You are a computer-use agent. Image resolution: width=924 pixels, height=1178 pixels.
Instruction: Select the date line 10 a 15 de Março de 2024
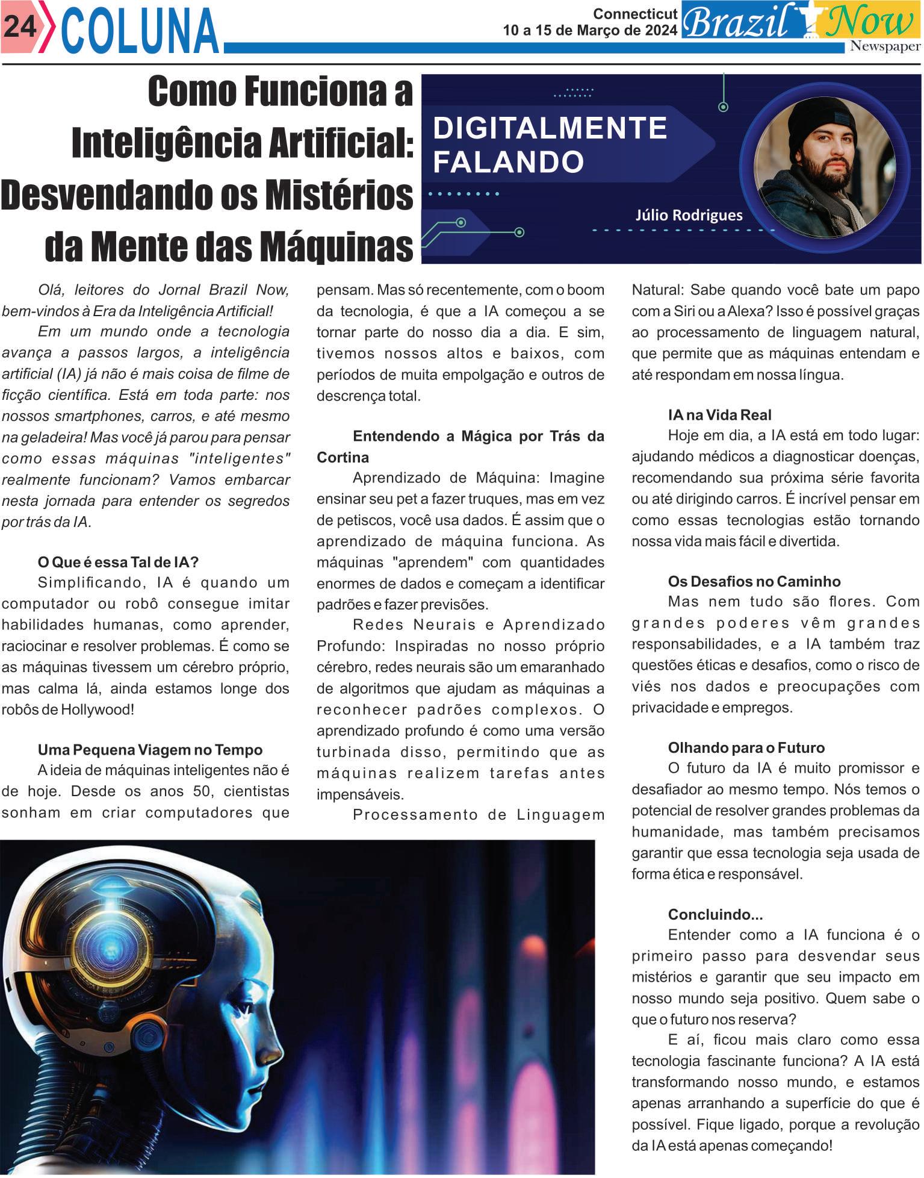tap(590, 31)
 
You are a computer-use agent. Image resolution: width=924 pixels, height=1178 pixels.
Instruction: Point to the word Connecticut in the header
tap(635, 13)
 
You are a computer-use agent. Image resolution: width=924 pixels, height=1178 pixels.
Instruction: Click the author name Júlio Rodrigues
tap(689, 215)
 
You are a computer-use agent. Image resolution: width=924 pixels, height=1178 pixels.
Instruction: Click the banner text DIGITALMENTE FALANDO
tap(550, 145)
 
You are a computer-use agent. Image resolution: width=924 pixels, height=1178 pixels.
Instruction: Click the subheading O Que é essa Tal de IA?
tap(118, 563)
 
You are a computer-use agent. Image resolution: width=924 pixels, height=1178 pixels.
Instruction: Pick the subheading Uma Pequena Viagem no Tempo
tap(150, 750)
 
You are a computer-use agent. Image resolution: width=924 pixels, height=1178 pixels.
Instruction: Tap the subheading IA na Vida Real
tap(719, 414)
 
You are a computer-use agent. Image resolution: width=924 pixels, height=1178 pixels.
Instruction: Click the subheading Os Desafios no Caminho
tap(754, 581)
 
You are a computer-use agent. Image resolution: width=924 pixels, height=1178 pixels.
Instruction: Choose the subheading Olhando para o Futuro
tap(746, 748)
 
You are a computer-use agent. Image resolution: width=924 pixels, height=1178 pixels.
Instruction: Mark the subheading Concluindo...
tap(715, 914)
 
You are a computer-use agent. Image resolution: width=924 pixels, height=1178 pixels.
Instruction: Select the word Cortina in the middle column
tap(343, 457)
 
